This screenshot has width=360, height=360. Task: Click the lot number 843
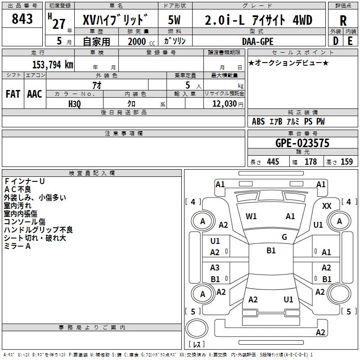(22, 19)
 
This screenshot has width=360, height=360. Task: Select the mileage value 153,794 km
(53, 64)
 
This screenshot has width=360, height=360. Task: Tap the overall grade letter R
(343, 21)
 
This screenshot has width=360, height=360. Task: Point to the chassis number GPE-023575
(302, 143)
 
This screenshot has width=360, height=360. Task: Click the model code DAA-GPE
(257, 41)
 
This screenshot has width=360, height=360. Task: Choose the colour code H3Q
(75, 104)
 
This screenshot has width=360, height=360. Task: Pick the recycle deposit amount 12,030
(224, 104)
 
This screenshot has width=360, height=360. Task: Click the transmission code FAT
(13, 94)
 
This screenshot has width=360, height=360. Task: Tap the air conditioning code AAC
(35, 94)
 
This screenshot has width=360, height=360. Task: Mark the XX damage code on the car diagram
(327, 206)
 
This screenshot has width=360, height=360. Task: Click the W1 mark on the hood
(251, 216)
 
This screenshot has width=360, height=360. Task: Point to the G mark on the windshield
(284, 237)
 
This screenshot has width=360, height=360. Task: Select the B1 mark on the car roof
(271, 251)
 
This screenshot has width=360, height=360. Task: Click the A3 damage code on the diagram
(215, 267)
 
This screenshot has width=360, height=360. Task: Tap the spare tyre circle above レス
(197, 328)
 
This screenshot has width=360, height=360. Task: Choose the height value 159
(346, 162)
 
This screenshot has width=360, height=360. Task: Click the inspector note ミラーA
(17, 246)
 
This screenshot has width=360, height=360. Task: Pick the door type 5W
(174, 20)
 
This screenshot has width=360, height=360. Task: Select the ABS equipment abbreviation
(258, 121)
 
